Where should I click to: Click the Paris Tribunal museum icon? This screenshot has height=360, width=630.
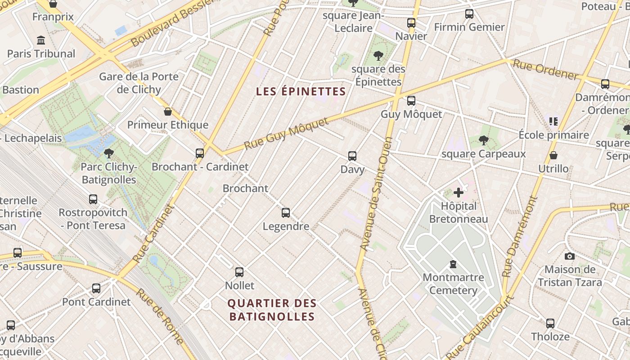(41, 40)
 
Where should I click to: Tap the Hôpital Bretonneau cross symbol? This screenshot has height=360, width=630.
(459, 193)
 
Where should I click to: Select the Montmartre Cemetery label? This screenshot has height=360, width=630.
(453, 284)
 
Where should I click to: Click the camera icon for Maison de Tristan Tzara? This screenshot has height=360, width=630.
(570, 256)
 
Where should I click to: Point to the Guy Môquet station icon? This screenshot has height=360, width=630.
(411, 101)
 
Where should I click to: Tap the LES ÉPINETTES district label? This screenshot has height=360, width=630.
(301, 92)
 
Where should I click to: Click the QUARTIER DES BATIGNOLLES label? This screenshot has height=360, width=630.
(272, 310)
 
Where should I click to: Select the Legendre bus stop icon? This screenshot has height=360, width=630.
(286, 213)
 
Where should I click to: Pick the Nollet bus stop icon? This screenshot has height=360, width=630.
(239, 272)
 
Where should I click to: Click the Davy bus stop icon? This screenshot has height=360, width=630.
(352, 156)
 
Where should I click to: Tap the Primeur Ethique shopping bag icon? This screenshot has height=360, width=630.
(168, 112)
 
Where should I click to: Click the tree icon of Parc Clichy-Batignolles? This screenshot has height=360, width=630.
(108, 153)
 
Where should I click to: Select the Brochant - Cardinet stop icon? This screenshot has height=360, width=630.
(200, 153)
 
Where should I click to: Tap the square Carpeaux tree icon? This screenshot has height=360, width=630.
(484, 140)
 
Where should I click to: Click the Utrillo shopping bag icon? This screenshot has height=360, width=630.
(553, 155)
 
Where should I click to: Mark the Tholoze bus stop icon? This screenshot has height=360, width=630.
(550, 323)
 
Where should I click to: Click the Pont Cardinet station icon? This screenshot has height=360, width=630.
(96, 288)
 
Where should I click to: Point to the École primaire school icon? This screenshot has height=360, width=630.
(553, 121)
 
